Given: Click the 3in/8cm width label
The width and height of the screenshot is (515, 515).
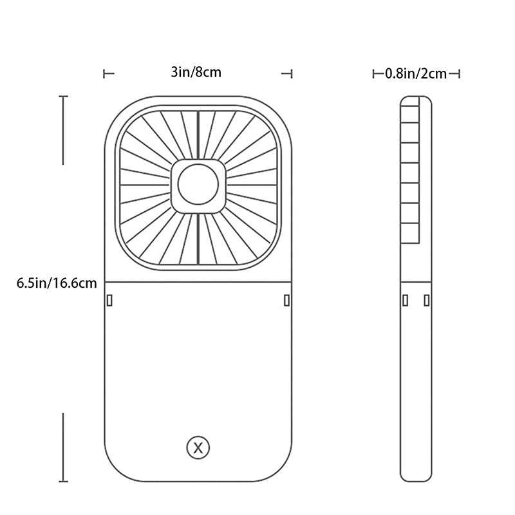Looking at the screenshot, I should tap(196, 72).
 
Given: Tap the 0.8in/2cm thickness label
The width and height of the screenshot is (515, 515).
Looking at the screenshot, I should tap(416, 73).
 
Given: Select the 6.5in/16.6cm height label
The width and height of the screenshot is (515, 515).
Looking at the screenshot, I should tap(57, 283).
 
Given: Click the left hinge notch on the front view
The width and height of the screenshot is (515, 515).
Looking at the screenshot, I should tap(109, 300).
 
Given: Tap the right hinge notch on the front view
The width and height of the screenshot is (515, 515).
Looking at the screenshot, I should tap(286, 300).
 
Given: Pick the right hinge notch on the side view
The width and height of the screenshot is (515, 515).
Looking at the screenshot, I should tap(426, 300).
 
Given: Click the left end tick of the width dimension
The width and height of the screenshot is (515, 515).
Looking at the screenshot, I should tap(105, 74).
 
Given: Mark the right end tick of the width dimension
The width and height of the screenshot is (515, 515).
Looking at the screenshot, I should tap(292, 74).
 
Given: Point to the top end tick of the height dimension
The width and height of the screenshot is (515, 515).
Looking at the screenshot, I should tap(63, 97).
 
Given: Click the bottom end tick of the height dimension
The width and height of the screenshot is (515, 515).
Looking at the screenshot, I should tap(63, 481).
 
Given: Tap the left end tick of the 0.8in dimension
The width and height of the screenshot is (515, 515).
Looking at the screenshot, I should tap(374, 74).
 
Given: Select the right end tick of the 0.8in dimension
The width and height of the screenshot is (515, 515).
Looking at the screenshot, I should tap(459, 74).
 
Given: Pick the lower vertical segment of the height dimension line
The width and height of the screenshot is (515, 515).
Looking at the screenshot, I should tap(63, 447).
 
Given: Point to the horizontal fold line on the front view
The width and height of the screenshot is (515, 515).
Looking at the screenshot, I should tap(198, 282).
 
